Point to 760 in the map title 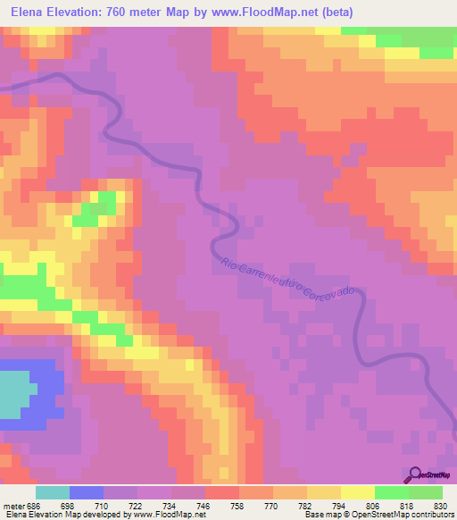pos(120,13)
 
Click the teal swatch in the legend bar pos(53,492)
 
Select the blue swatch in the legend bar pos(87,492)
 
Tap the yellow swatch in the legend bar pos(357,492)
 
